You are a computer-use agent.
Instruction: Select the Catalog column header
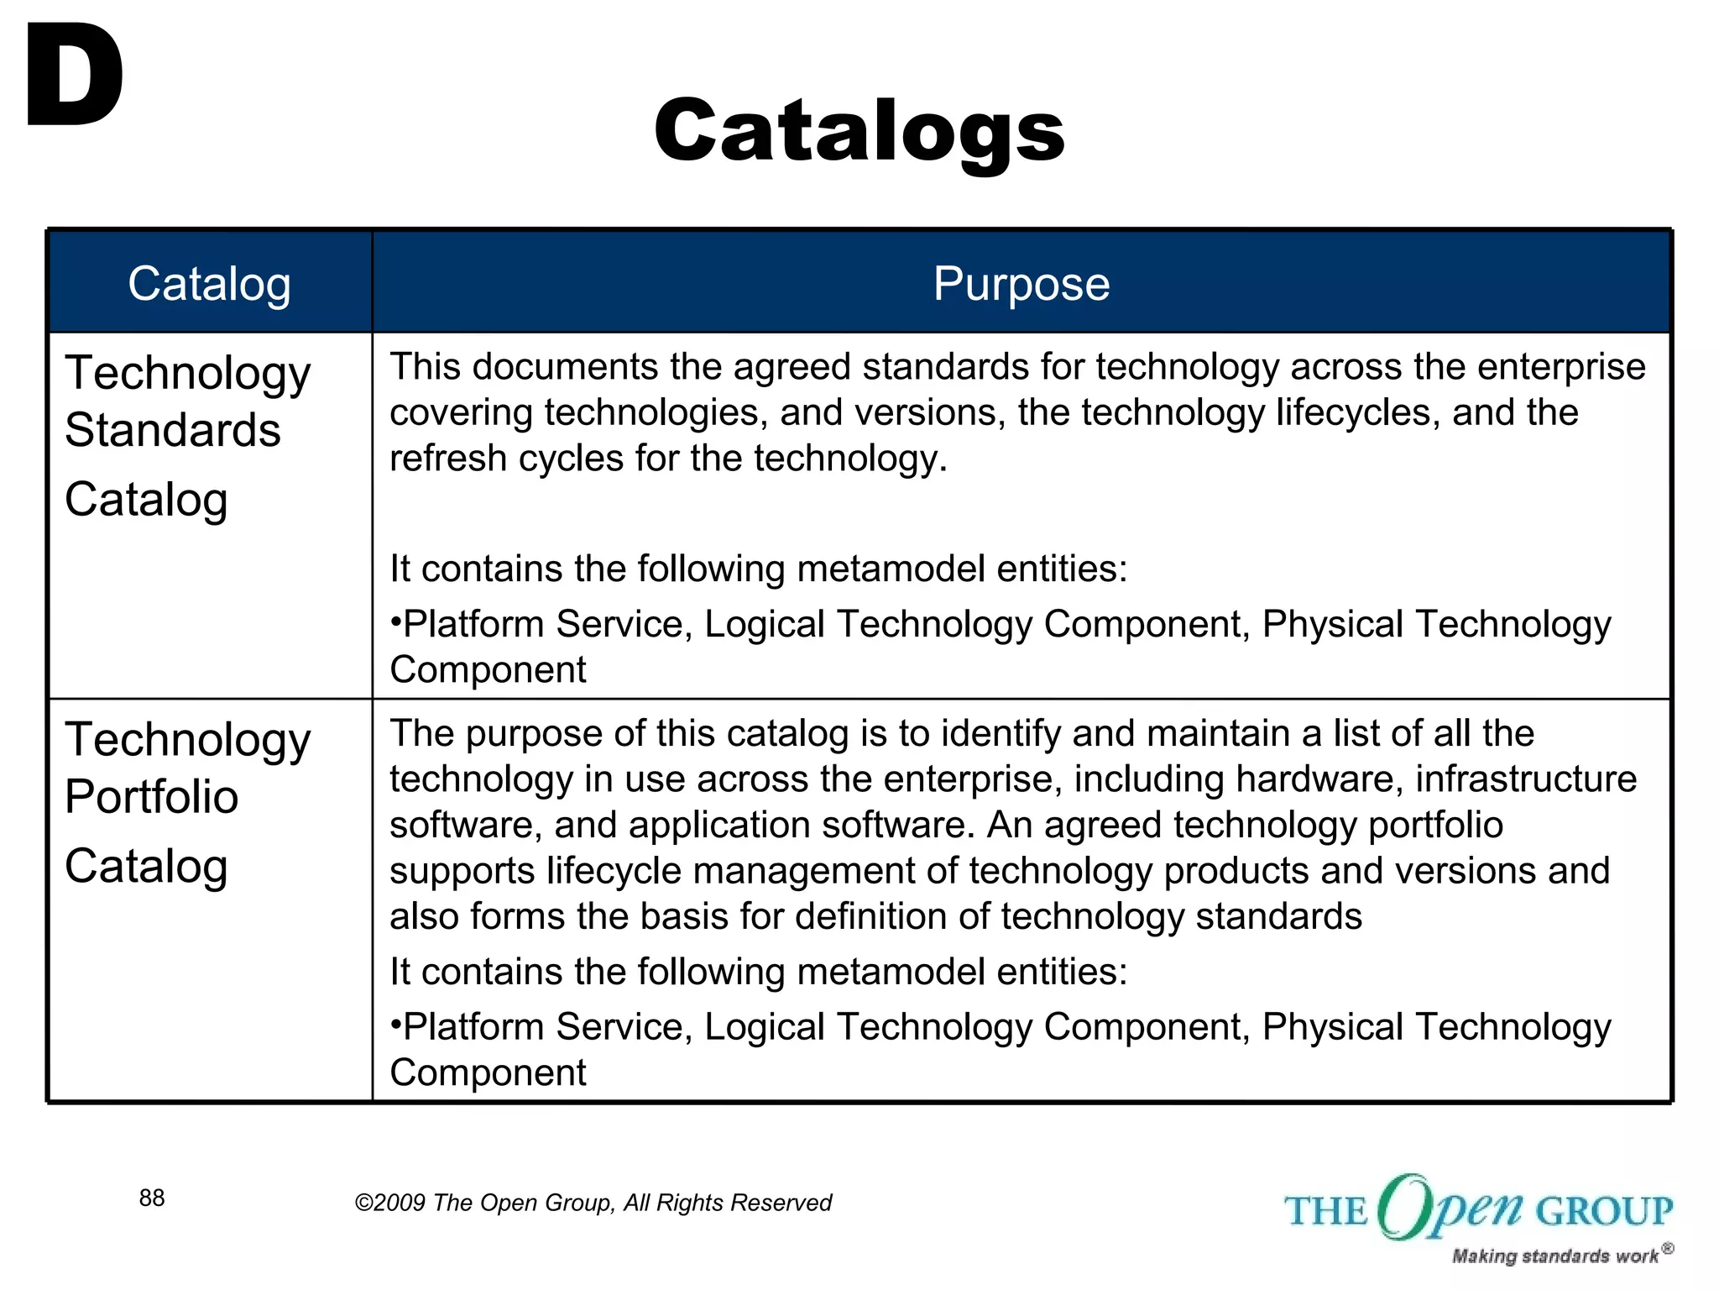pos(209,283)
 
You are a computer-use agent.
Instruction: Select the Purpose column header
pos(1021,283)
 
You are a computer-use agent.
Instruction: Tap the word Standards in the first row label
pos(172,431)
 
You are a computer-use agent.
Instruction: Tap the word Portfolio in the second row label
pos(151,797)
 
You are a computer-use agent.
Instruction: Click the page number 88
pos(152,1198)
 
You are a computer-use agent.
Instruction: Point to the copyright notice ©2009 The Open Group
pos(593,1203)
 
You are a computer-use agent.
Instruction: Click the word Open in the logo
pos(1450,1208)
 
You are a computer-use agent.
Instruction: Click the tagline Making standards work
pos(1554,1256)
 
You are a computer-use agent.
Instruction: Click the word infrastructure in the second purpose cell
pos(1526,779)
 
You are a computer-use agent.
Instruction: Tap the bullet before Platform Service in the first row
pos(395,623)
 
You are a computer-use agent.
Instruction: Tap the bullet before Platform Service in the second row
pos(395,1025)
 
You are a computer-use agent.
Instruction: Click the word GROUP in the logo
pos(1604,1211)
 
